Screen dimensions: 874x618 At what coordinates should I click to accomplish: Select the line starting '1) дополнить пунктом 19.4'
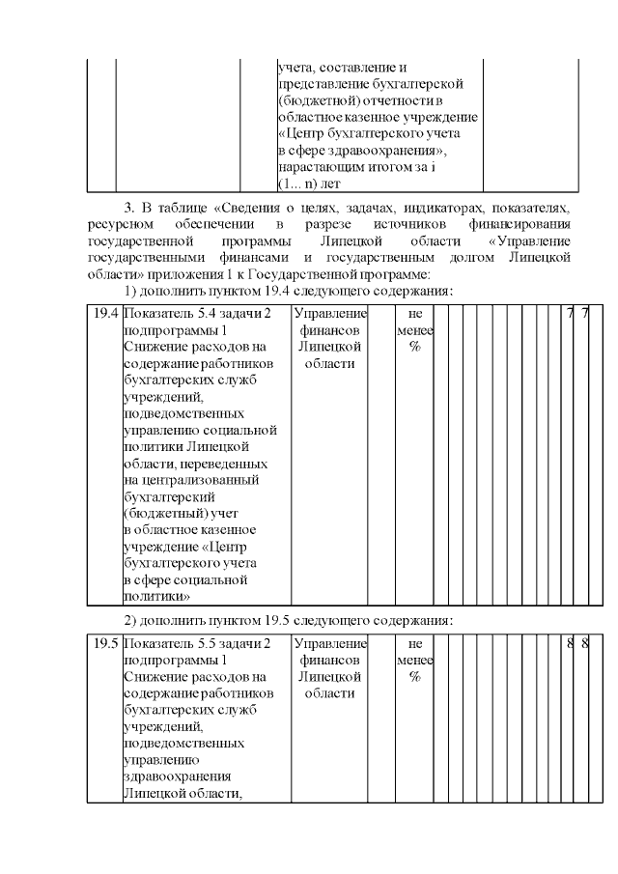288,290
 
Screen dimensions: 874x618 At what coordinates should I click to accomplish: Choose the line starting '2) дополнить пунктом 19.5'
288,619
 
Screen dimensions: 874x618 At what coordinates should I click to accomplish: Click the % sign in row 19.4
414,347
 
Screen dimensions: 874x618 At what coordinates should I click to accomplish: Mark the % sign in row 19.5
414,676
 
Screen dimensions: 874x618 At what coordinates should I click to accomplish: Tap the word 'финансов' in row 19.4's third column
329,330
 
